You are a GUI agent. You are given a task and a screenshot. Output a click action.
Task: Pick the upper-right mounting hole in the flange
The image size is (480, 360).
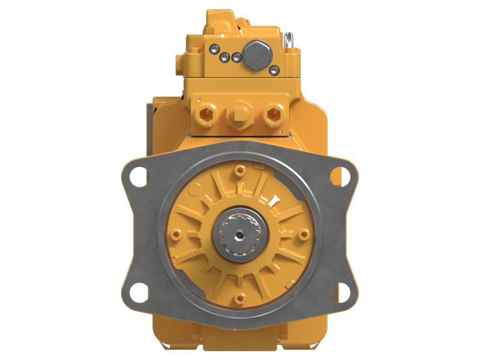coord(340,176)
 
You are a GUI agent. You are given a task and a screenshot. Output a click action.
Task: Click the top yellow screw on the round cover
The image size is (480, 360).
coord(240,170)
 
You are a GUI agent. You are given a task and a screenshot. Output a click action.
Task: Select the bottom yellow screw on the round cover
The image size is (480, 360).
coord(240,295)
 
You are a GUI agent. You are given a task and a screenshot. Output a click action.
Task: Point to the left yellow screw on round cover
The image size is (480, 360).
coord(175,233)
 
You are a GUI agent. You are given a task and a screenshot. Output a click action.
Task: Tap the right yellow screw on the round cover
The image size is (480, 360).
coord(304,233)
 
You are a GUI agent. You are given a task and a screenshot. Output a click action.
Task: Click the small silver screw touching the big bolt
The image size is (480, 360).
coord(238,58)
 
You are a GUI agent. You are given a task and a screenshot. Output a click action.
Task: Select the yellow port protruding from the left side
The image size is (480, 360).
coord(178,62)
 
